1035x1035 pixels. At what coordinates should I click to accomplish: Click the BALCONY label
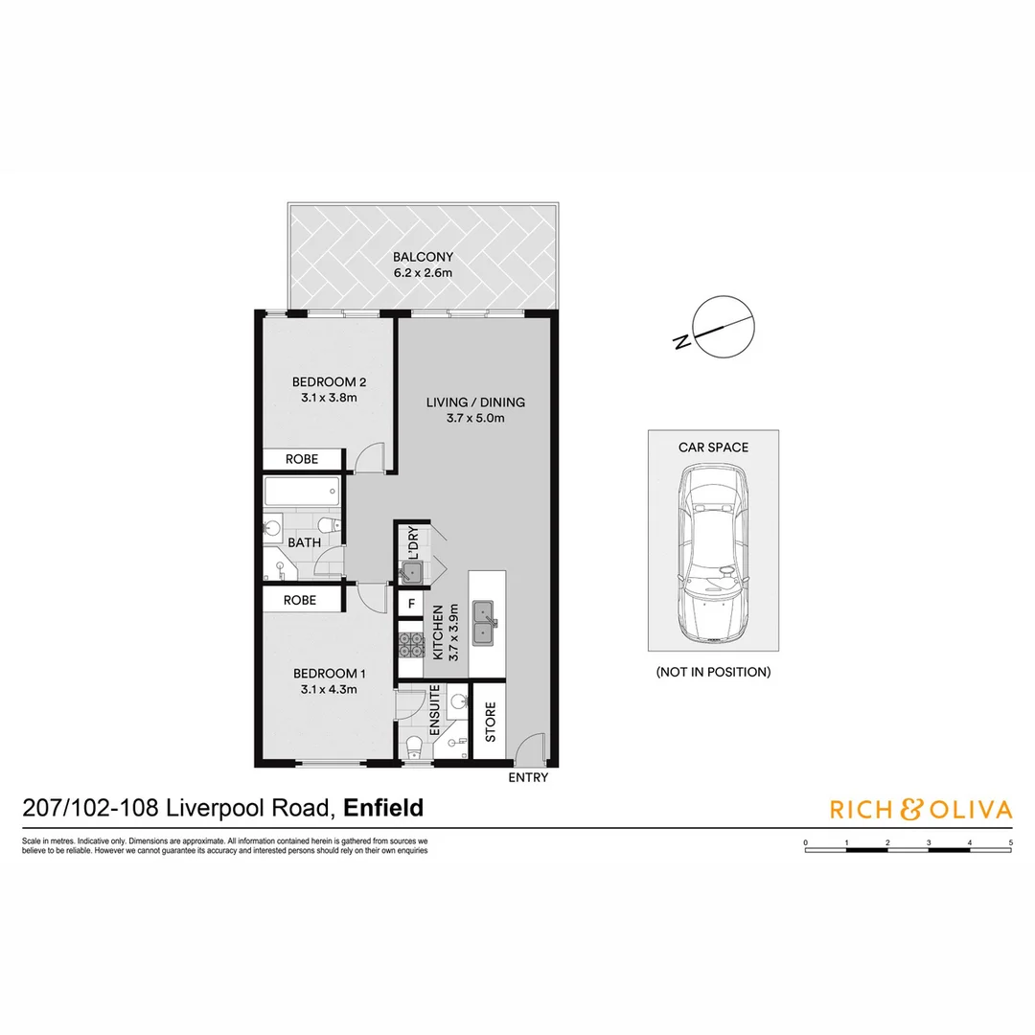(x=423, y=257)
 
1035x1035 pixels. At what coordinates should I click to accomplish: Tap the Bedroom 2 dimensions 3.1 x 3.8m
(x=324, y=398)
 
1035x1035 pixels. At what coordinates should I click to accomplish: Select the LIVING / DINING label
(x=475, y=402)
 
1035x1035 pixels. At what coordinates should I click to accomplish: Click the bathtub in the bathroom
(x=301, y=494)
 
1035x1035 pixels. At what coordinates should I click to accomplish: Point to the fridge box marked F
(x=411, y=604)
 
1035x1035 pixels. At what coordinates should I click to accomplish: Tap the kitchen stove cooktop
(x=411, y=645)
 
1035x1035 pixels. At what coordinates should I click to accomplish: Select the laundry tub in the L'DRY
(x=412, y=572)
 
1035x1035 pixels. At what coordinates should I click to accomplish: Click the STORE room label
(x=490, y=723)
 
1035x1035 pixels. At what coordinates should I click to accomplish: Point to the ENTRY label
(x=528, y=777)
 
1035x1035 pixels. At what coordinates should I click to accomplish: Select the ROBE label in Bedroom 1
(x=301, y=600)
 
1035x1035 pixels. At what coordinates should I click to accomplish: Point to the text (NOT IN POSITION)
(x=713, y=672)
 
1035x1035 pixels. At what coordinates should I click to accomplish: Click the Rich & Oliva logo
(x=920, y=810)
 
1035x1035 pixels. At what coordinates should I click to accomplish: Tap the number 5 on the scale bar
(x=1011, y=842)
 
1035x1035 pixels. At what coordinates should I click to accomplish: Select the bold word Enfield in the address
(x=383, y=808)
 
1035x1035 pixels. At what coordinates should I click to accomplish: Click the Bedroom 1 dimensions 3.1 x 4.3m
(x=324, y=687)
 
